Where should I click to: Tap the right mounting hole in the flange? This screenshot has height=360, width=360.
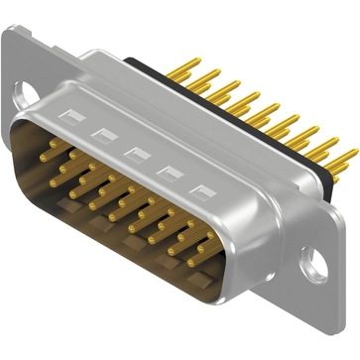315,264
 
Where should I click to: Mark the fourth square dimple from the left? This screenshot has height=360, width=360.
167,172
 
